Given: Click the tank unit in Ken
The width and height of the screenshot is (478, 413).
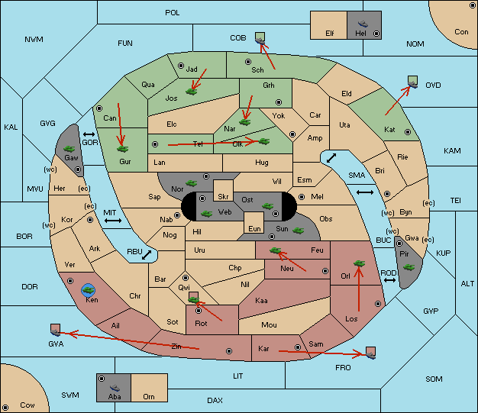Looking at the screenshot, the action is point(89,290).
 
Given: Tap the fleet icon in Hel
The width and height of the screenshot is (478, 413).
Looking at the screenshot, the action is point(363,24).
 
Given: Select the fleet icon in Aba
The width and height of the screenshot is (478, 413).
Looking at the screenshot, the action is point(115,388).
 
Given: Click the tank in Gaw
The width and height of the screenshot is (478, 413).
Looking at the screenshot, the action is point(69,149).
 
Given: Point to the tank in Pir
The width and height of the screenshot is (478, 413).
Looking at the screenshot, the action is point(409,267).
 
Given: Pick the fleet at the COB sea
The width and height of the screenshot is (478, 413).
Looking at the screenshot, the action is point(260,39).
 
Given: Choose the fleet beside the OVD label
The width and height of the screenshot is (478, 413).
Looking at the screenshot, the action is point(413,82).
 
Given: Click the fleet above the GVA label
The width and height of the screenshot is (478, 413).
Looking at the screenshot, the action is point(56,331).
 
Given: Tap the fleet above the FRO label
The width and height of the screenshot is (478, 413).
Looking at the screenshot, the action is point(370,353).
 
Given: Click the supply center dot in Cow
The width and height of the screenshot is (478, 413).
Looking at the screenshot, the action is point(5,407).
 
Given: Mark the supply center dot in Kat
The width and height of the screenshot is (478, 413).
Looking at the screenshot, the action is point(408,132).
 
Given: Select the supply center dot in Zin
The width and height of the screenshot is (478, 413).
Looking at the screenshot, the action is point(229,351).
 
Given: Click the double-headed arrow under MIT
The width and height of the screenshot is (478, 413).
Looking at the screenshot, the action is point(113,221).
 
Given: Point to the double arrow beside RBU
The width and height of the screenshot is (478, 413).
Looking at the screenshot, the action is point(147,255).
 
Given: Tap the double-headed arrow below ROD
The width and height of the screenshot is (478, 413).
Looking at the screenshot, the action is point(389,280).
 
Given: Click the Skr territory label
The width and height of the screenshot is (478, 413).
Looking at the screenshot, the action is point(223,197).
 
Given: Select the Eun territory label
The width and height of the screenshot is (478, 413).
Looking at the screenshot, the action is point(254,228).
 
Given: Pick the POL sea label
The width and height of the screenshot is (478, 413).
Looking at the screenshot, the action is point(173,13).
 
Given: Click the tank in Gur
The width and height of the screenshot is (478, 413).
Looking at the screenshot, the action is point(123,149).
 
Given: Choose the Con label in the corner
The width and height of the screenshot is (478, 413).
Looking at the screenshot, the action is point(461,32).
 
